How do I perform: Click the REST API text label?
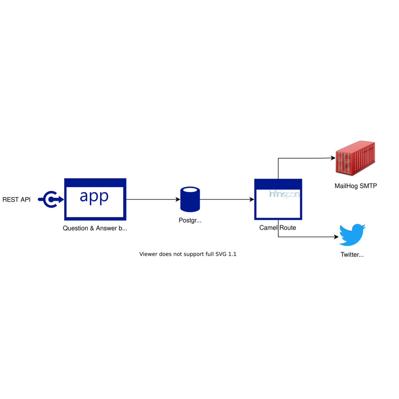(x=17, y=199)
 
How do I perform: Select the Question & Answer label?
(x=95, y=228)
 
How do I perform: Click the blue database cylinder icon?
(x=190, y=199)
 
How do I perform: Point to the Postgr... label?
(x=190, y=220)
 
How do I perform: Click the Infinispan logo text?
(x=284, y=194)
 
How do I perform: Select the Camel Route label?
(x=277, y=228)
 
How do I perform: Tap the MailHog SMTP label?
(x=356, y=186)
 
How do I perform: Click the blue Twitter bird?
(x=352, y=235)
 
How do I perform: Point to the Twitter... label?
(x=352, y=255)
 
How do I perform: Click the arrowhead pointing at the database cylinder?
(x=178, y=199)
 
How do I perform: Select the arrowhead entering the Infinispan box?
(x=252, y=199)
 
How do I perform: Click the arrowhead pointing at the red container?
(x=333, y=158)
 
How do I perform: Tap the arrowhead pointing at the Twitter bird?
(x=336, y=237)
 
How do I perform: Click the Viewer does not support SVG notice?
(x=188, y=254)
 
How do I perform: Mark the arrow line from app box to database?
(x=152, y=199)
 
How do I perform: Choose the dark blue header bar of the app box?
(x=95, y=183)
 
